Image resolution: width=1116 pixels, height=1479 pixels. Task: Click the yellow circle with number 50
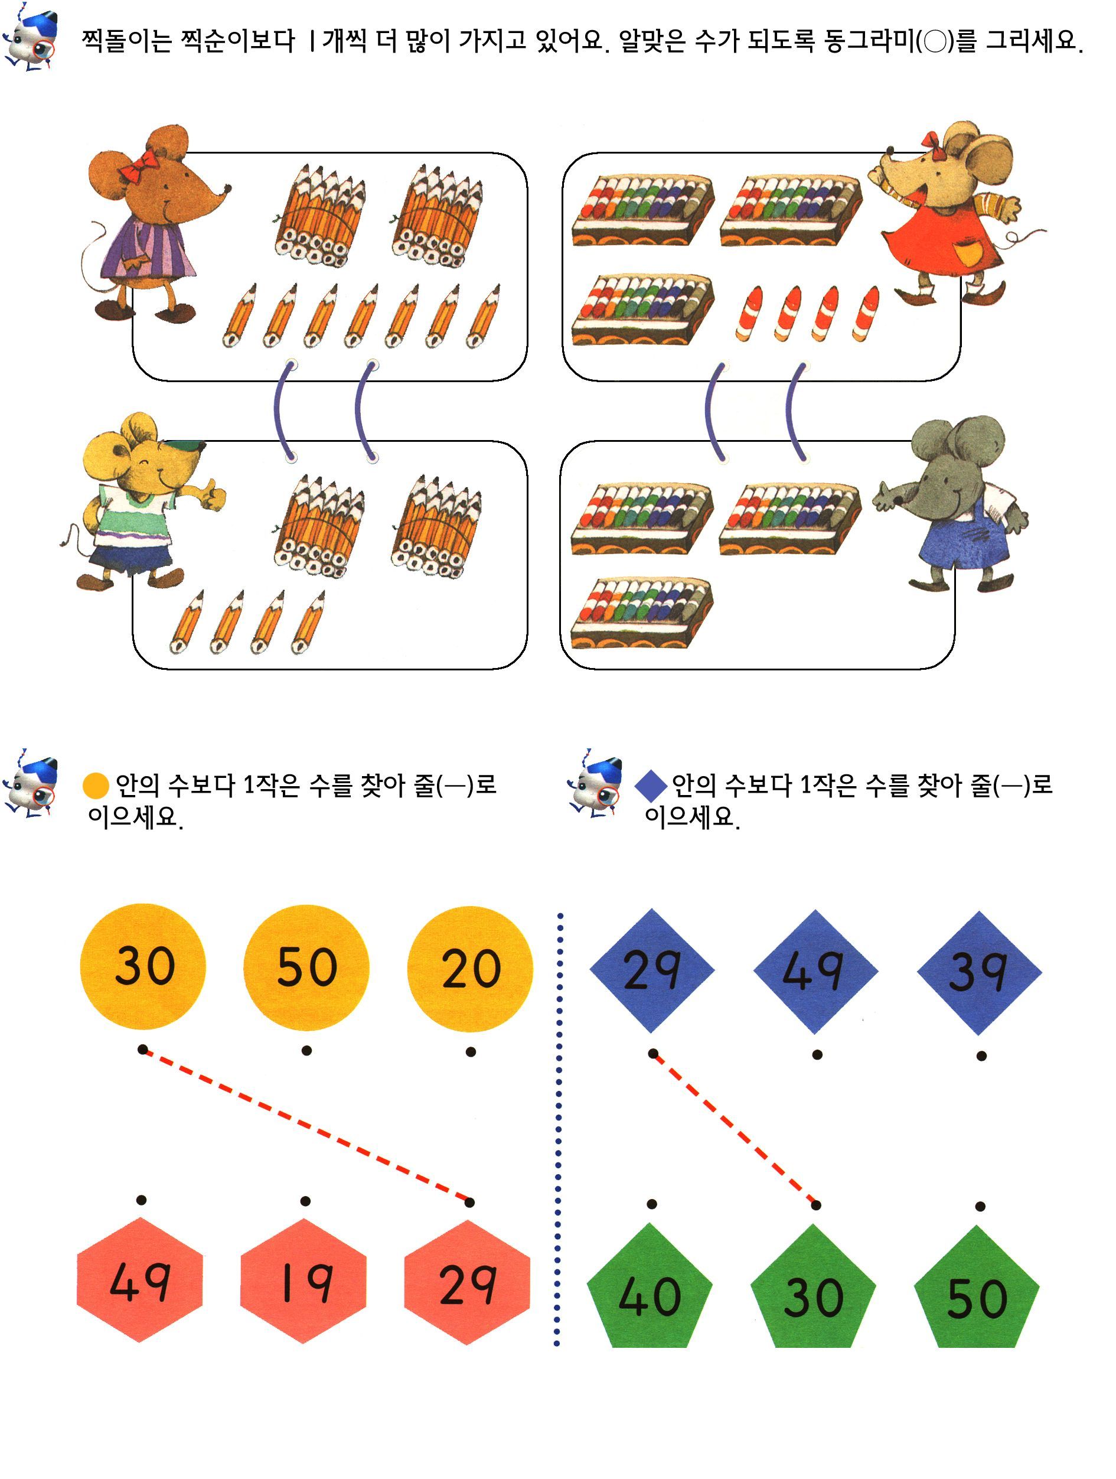point(306,967)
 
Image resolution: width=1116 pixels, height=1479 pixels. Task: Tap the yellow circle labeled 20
point(470,969)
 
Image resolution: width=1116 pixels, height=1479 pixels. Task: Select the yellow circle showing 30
point(142,966)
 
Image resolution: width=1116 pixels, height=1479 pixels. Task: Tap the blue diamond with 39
point(979,973)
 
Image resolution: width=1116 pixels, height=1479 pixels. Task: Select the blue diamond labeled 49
point(815,972)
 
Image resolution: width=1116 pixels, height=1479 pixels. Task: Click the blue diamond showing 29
point(651,970)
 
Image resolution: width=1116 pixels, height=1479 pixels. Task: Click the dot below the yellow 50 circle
point(306,1050)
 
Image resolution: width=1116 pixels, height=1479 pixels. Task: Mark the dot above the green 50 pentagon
point(980,1206)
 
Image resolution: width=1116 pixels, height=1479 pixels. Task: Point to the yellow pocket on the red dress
point(967,252)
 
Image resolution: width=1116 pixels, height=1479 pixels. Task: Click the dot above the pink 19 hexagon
point(305,1201)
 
